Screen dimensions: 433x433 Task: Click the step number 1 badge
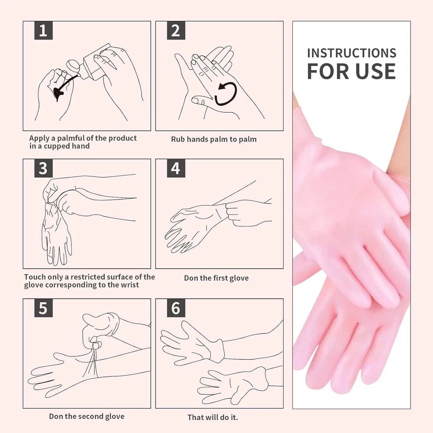coord(43,30)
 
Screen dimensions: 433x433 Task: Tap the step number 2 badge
coord(176,30)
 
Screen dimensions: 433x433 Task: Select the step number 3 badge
coord(43,168)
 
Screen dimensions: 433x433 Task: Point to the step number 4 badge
coord(176,168)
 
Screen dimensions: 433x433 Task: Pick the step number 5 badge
coord(43,308)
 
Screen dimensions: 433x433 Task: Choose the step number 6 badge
coord(176,308)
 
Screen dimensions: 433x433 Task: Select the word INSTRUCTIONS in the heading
coord(352,53)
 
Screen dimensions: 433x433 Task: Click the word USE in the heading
coord(375,71)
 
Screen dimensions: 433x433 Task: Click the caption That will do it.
coord(213,417)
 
